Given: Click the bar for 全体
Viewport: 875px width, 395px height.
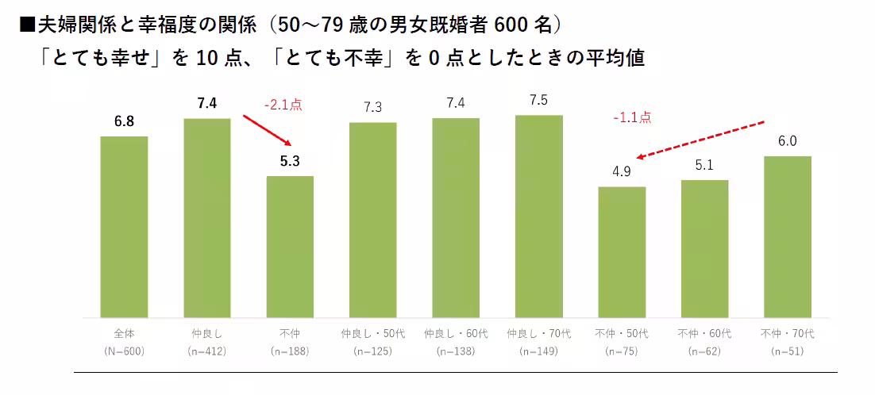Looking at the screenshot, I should click(124, 226).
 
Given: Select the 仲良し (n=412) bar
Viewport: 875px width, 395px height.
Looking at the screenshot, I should click(206, 217).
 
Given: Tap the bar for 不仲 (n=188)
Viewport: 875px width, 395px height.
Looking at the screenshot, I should click(290, 246).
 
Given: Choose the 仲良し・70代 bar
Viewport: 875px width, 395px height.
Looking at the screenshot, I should click(538, 216).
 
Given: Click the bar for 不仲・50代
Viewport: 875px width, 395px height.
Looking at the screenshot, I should click(622, 251).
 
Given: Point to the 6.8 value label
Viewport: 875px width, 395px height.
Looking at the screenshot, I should click(124, 122).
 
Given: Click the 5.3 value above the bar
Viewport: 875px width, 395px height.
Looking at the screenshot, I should click(290, 162).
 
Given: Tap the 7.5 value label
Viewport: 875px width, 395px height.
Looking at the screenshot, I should click(538, 101).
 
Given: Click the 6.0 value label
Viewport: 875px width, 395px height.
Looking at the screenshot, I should click(787, 142).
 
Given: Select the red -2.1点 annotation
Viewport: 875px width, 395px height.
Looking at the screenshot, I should click(283, 104).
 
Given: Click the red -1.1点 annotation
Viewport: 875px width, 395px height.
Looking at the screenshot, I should click(632, 117).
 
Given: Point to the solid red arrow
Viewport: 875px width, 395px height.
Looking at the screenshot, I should click(265, 129).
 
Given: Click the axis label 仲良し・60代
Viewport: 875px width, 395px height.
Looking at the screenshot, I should click(456, 333).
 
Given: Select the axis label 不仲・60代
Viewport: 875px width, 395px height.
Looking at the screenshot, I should click(704, 333).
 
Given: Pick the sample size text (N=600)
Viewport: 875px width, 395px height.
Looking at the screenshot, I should click(124, 350).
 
